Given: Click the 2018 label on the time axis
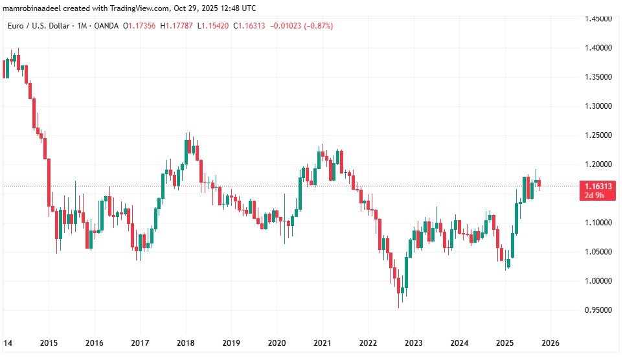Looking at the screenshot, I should tap(186, 343).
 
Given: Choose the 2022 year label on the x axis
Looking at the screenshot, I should tap(368, 343).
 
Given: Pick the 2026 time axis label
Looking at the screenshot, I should tap(550, 343).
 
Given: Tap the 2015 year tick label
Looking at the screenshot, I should tap(49, 343).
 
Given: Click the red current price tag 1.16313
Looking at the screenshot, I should tap(597, 186).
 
